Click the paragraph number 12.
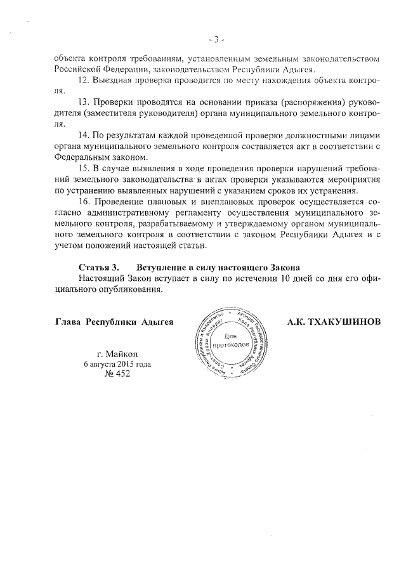(x=83, y=81)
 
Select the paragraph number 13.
(x=83, y=102)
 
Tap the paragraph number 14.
(x=83, y=135)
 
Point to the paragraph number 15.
(x=83, y=168)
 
